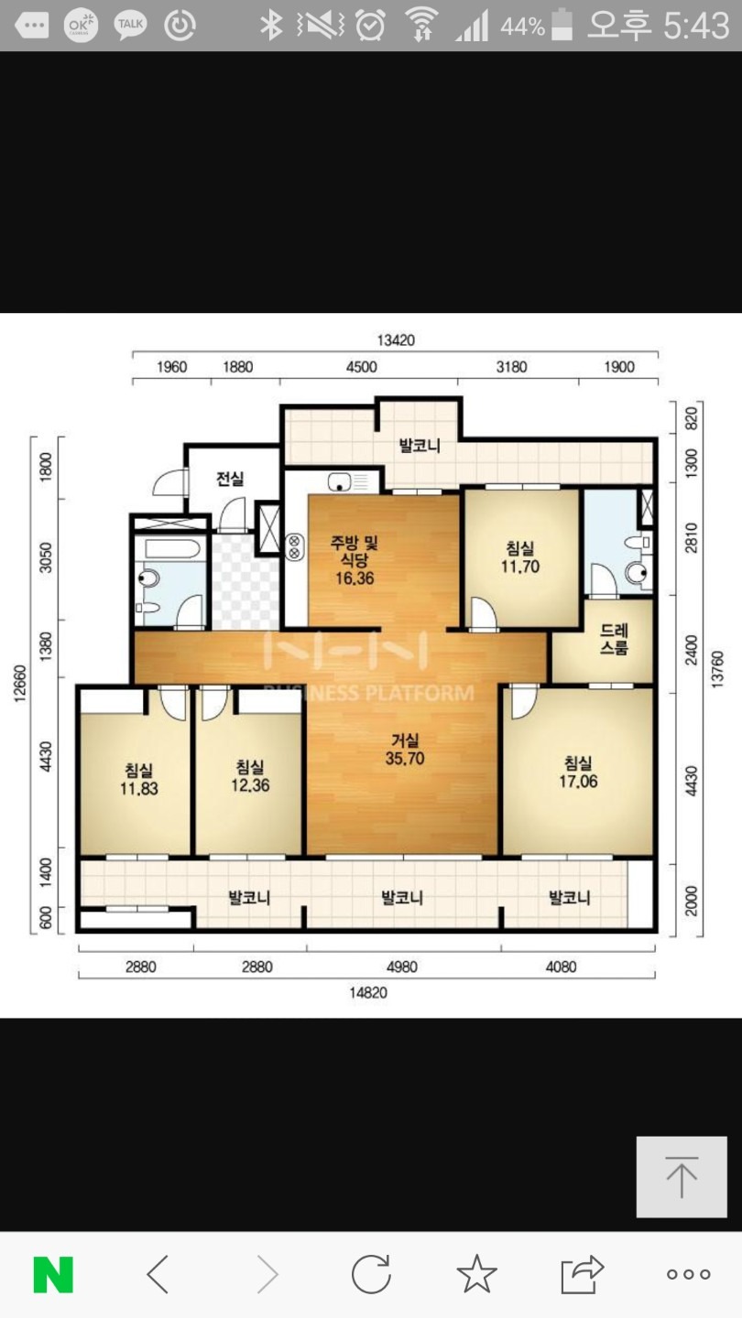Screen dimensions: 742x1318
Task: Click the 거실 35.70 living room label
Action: pos(405,749)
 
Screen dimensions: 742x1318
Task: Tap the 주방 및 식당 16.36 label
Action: pos(355,559)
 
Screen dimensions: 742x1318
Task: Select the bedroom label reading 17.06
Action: pos(578,772)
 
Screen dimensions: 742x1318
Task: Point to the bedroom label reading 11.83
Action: pos(139,779)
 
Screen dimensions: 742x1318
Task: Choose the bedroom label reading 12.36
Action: pos(250,776)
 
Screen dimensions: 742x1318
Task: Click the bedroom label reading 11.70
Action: pos(520,557)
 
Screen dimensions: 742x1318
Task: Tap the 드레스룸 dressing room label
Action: pos(614,639)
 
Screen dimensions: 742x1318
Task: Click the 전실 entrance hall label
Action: pos(230,479)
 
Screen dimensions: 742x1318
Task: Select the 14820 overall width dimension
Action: pos(368,993)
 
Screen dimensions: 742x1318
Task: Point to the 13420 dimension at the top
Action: pos(396,340)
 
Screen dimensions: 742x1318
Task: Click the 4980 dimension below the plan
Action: pos(401,967)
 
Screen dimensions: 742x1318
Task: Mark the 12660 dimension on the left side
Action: pos(20,683)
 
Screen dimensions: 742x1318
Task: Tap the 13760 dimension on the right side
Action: pos(716,669)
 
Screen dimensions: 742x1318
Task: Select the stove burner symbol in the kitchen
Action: pos(294,546)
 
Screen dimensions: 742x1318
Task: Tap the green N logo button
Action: pos(53,1274)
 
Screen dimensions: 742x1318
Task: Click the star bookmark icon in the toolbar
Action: pos(476,1274)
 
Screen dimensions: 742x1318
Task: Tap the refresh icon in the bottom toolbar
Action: pos(371,1274)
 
